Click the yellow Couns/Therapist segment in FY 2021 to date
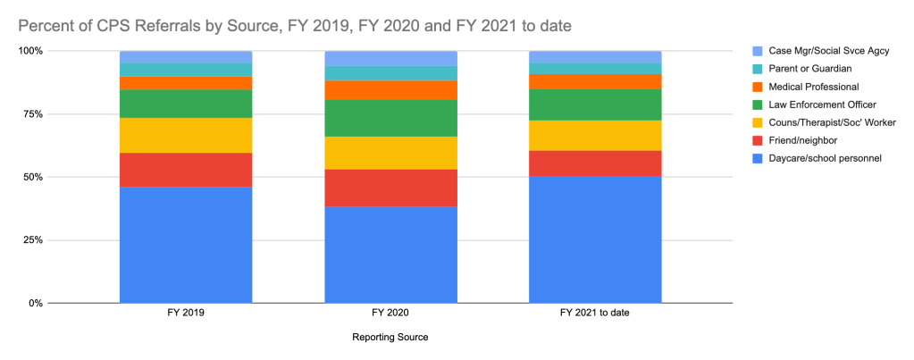pyautogui.click(x=595, y=135)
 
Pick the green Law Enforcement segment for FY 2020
pyautogui.click(x=390, y=118)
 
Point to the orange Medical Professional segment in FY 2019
pyautogui.click(x=186, y=83)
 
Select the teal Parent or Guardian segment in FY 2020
pyautogui.click(x=390, y=73)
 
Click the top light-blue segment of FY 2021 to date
pyautogui.click(x=595, y=57)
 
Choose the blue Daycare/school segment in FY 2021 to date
pyautogui.click(x=595, y=239)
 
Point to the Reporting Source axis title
pyautogui.click(x=390, y=338)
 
